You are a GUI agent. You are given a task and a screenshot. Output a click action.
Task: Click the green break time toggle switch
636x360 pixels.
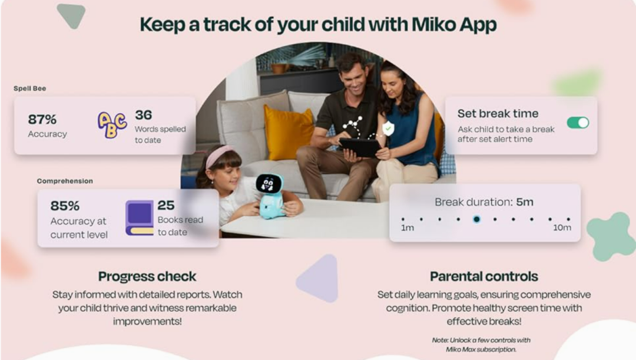[578, 123]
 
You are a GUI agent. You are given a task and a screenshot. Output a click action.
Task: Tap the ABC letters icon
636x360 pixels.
[112, 125]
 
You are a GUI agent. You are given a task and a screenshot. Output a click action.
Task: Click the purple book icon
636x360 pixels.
[140, 218]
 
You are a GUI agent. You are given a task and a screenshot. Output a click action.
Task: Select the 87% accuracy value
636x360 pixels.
[42, 120]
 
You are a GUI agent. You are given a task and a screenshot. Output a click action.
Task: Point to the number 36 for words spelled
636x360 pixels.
[144, 115]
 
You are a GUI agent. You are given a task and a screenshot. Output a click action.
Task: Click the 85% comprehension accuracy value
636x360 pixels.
[65, 206]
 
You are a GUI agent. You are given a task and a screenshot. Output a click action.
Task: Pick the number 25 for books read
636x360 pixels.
[166, 206]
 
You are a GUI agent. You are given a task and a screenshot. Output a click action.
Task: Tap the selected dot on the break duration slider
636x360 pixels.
[476, 219]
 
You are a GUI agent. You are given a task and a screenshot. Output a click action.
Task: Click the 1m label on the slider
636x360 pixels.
[408, 228]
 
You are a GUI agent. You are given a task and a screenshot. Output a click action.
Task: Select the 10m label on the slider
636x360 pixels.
[562, 227]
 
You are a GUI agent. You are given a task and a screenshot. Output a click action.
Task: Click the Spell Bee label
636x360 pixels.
[30, 88]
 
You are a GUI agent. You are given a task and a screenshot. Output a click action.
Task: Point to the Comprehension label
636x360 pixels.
[65, 181]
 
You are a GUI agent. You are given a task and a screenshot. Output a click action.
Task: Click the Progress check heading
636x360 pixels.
[147, 276]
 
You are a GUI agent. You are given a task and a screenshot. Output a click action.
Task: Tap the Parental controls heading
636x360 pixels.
[484, 276]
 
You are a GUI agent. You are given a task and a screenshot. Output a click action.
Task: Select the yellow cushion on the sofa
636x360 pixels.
[289, 133]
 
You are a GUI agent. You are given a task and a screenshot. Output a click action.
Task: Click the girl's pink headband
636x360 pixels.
[219, 156]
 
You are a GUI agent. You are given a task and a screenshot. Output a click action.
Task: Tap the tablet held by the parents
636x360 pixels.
[360, 147]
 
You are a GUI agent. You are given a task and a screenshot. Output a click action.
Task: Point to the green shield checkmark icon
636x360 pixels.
[388, 128]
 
